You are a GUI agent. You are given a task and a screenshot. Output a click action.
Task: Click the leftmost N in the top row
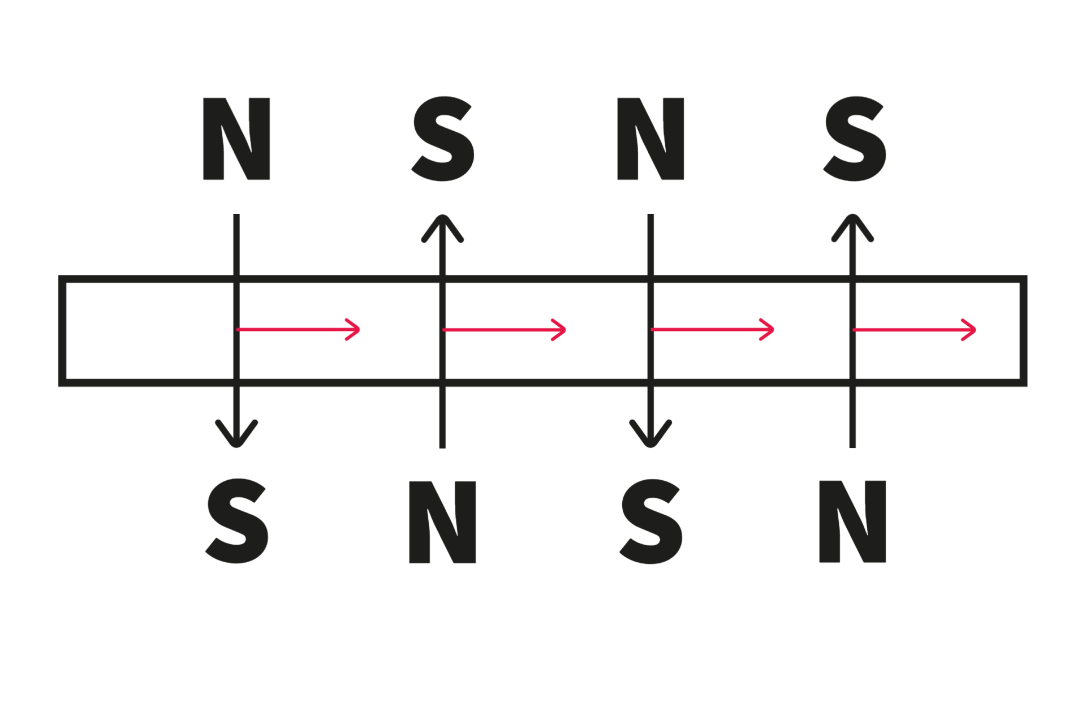236,139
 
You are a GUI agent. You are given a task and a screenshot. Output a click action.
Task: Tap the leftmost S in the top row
442,139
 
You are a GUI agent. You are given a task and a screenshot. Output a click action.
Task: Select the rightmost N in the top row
650,139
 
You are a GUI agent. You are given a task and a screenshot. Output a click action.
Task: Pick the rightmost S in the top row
854,139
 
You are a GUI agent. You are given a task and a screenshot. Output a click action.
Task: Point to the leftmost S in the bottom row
236,521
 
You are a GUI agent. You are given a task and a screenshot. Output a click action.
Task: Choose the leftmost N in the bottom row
442,522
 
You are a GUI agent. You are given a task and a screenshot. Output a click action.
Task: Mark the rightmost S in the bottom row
651,521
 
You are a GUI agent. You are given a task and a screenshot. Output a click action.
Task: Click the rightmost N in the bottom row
852,522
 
